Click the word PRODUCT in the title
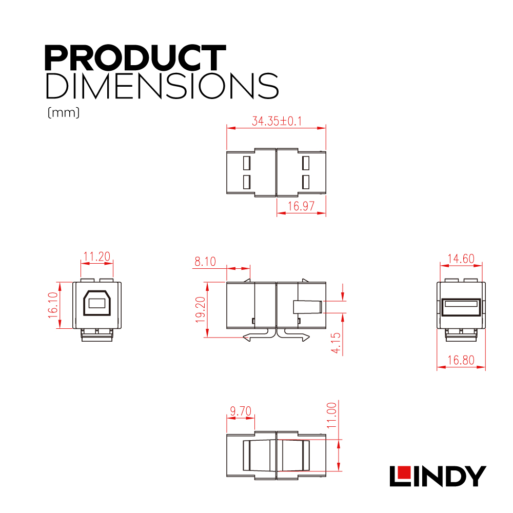135,58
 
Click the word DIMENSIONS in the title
162,86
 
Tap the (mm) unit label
64,112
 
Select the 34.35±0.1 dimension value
277,121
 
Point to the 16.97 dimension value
301,206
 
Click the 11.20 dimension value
97,256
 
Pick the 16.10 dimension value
53,305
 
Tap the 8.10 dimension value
205,262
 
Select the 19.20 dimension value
200,309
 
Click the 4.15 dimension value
336,343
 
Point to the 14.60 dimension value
461,259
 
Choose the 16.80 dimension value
461,360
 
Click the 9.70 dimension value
241,411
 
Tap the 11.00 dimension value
332,415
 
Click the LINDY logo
438,476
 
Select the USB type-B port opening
97,303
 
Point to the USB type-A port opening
461,307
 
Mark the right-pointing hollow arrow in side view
293,336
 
